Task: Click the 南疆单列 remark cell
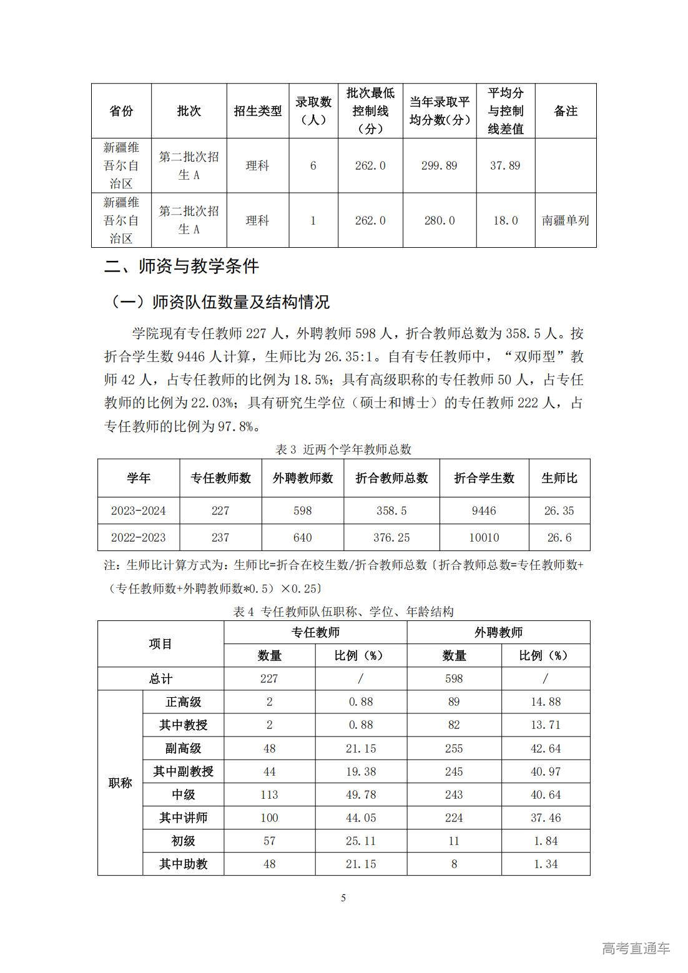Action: pos(565,220)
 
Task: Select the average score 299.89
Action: pos(439,165)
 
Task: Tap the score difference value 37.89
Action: pos(505,165)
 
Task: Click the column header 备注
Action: pos(565,111)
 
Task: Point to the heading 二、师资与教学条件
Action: pos(181,266)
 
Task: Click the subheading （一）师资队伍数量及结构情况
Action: pos(219,302)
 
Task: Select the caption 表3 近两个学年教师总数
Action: pos(343,449)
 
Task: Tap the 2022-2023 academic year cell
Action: pos(139,537)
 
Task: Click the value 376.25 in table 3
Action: pos(391,537)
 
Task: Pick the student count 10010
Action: pos(484,537)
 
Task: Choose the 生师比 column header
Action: pos(559,478)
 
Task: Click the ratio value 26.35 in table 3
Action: pos(559,511)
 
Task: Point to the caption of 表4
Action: pos(343,612)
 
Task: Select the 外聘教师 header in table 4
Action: pos(498,632)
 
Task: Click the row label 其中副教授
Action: pos(183,771)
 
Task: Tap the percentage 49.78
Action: pos(361,795)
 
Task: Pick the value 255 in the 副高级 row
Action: pos(454,748)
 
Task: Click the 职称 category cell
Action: pos(120,783)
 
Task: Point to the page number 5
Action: pos(343,898)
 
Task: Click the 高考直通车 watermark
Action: pos(636,948)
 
